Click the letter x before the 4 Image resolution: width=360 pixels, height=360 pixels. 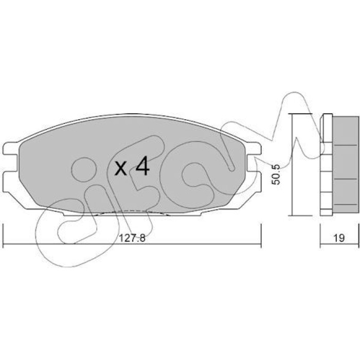121,168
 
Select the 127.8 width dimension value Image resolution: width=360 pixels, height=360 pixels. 133,238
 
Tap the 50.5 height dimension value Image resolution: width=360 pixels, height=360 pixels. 276,174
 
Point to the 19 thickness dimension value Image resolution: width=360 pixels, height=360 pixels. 339,238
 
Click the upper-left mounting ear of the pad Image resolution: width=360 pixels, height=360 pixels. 10,148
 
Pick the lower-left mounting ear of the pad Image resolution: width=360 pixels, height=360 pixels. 10,182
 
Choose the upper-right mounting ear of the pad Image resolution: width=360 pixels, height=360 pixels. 254,148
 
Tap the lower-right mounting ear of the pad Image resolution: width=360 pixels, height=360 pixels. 254,182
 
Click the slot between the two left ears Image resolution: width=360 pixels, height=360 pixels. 11,163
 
